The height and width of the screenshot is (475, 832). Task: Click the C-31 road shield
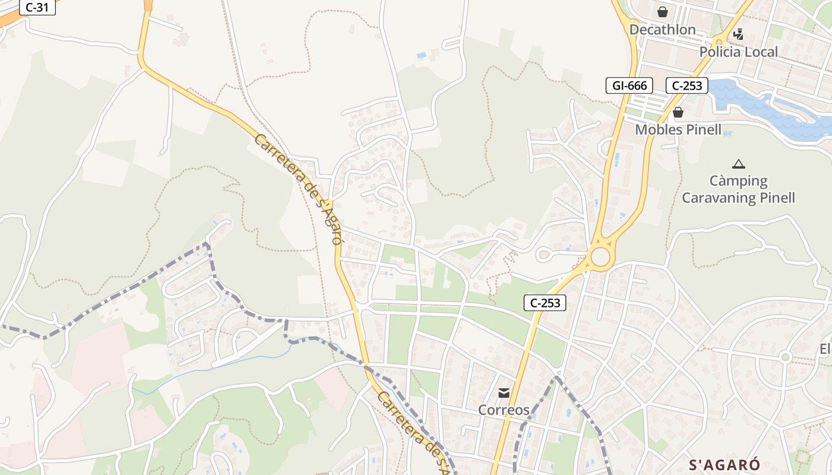pyautogui.click(x=37, y=8)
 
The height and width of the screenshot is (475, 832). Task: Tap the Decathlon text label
pyautogui.click(x=662, y=30)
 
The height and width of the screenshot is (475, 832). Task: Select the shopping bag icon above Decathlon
pyautogui.click(x=662, y=12)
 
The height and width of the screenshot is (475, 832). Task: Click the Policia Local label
pyautogui.click(x=738, y=52)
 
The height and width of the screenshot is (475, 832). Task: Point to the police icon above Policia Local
pyautogui.click(x=738, y=34)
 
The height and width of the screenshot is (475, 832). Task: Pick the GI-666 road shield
pyautogui.click(x=629, y=85)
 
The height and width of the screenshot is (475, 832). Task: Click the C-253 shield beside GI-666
pyautogui.click(x=687, y=85)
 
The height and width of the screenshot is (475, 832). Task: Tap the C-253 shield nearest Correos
pyautogui.click(x=545, y=303)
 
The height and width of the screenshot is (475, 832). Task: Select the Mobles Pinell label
pyautogui.click(x=678, y=129)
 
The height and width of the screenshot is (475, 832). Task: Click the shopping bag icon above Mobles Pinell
pyautogui.click(x=678, y=112)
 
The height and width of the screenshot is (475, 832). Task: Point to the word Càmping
pyautogui.click(x=739, y=180)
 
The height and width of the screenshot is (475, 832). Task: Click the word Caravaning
pyautogui.click(x=714, y=198)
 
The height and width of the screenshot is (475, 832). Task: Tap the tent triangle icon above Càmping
pyautogui.click(x=739, y=164)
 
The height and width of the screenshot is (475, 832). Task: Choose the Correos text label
pyautogui.click(x=504, y=410)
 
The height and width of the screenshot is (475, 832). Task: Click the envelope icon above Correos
pyautogui.click(x=504, y=392)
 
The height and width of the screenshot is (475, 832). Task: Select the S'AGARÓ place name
pyautogui.click(x=724, y=464)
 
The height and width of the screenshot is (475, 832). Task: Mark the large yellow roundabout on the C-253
pyautogui.click(x=600, y=258)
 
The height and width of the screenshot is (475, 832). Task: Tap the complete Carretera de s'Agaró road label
pyautogui.click(x=298, y=189)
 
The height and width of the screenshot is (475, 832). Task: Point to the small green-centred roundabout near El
pyautogui.click(x=786, y=357)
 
